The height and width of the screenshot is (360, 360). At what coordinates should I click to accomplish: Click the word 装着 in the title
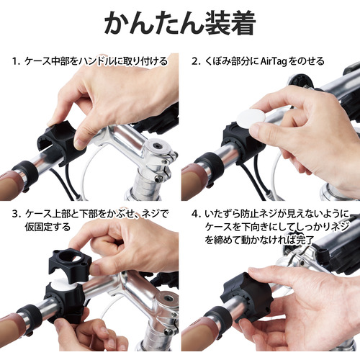230,24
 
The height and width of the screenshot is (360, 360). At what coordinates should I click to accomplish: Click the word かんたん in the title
153,24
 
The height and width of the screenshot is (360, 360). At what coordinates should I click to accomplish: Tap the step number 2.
195,61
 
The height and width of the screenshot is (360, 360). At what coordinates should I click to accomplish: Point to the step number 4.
195,214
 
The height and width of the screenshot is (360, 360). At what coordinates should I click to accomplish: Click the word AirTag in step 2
274,61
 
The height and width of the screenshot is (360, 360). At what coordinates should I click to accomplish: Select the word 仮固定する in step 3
48,227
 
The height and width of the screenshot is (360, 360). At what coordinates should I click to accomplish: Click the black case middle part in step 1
62,142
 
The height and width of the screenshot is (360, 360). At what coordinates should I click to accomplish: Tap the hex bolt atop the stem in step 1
158,146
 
